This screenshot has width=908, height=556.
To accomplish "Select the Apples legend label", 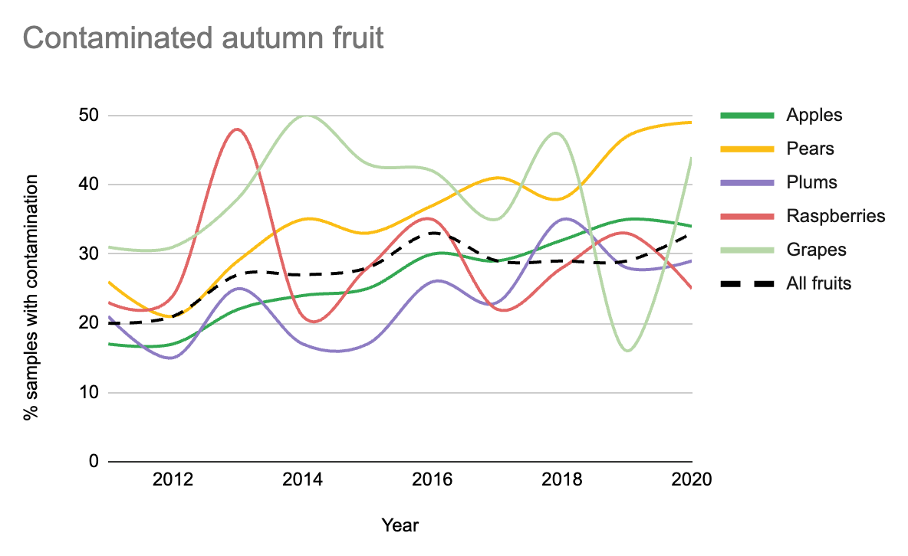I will tap(814, 115).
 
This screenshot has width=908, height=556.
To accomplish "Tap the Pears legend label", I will tap(810, 149).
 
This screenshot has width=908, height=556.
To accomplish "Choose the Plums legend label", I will tap(811, 182).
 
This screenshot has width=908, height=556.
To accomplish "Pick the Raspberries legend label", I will tap(835, 216).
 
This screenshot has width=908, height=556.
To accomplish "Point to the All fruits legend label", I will tap(819, 283).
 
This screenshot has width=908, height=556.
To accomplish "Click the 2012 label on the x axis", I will tap(173, 481).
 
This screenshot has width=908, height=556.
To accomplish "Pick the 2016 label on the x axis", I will tap(433, 481).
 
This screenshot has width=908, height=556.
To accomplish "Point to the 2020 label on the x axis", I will tap(692, 481).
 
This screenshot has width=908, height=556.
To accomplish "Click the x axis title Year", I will tap(400, 525).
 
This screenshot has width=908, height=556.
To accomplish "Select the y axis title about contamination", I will tap(31, 298).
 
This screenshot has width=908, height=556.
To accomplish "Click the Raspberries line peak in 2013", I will tap(238, 129).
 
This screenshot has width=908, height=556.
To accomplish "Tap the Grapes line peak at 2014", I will tap(307, 116).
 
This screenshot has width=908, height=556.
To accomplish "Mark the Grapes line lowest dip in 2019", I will tap(628, 351).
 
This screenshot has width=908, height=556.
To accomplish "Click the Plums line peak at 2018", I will tap(564, 219).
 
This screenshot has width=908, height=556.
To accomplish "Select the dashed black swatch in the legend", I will tap(745, 283).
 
